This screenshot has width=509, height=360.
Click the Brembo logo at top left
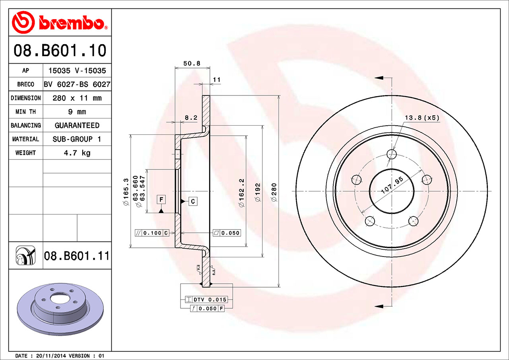pyautogui.click(x=60, y=22)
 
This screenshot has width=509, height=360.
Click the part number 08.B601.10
pyautogui.click(x=60, y=51)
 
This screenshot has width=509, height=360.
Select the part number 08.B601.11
pyautogui.click(x=76, y=256)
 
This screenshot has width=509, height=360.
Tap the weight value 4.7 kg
pyautogui.click(x=77, y=153)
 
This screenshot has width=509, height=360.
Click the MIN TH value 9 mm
pyautogui.click(x=77, y=112)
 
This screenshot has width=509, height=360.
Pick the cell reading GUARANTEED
pyautogui.click(x=77, y=125)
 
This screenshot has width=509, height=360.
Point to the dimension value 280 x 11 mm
pyautogui.click(x=77, y=98)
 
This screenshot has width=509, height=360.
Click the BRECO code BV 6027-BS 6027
pyautogui.click(x=77, y=84)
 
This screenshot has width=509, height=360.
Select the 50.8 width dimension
pyautogui.click(x=192, y=63)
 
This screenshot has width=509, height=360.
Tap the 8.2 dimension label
pyautogui.click(x=191, y=117)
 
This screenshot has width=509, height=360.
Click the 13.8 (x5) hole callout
pyautogui.click(x=422, y=118)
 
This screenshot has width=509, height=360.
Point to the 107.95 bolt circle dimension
pyautogui.click(x=392, y=185)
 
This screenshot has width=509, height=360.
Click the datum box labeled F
pyautogui.click(x=161, y=199)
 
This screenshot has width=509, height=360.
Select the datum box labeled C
pyautogui.click(x=193, y=201)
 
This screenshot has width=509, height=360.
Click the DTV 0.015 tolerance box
pyautogui.click(x=210, y=299)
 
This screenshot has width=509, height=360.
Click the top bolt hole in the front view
pyautogui.click(x=392, y=154)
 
